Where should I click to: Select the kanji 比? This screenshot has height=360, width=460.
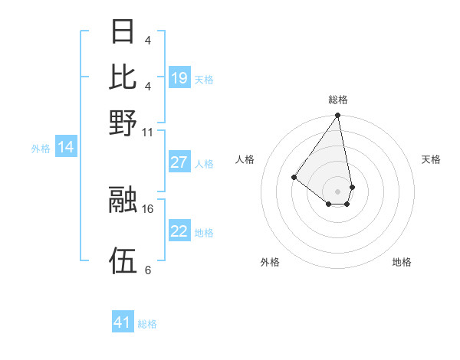(123, 77)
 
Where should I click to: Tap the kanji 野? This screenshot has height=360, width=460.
(123, 122)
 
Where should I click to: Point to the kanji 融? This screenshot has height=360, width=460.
(123, 199)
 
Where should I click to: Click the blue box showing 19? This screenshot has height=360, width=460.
(179, 78)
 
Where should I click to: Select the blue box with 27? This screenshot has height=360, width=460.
(179, 162)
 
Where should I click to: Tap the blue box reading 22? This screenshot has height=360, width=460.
(179, 231)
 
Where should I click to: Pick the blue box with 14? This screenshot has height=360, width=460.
(66, 148)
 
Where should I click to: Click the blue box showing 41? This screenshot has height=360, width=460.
(123, 322)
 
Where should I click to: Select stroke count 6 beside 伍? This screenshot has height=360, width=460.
(147, 270)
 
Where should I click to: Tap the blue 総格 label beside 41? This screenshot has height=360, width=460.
(147, 324)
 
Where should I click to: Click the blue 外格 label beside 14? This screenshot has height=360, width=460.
(41, 149)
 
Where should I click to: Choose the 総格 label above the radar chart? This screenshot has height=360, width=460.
(337, 100)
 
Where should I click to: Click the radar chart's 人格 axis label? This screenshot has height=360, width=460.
(245, 159)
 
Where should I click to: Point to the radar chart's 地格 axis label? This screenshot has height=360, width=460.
(402, 262)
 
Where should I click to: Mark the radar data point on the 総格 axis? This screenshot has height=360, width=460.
(337, 116)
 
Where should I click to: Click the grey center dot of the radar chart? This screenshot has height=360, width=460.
(337, 191)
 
